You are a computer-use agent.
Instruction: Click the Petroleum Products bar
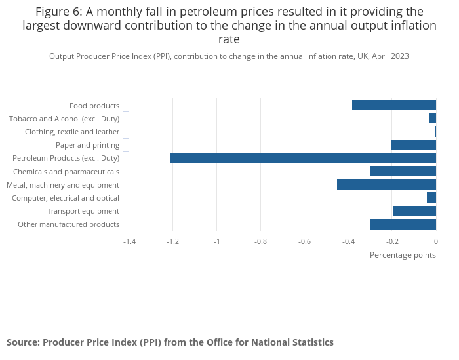tap(303, 158)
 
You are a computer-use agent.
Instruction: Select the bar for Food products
tap(394, 105)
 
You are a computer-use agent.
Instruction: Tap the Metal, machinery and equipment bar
tap(386, 184)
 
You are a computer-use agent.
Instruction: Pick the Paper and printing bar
tap(414, 145)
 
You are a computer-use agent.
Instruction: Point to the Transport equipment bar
tap(414, 211)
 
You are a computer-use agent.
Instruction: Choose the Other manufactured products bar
tap(403, 224)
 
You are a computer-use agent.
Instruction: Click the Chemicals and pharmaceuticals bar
tap(403, 171)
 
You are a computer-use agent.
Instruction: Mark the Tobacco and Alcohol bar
tap(432, 118)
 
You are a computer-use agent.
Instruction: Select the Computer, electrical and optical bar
tap(431, 197)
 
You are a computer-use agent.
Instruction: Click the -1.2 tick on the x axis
tap(173, 241)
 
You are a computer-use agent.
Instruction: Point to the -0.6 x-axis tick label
tap(304, 241)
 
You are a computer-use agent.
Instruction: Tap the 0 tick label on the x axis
tap(435, 241)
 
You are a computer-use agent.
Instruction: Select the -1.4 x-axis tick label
tap(130, 241)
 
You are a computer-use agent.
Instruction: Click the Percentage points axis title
tap(403, 254)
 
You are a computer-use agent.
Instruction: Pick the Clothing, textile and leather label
tap(72, 132)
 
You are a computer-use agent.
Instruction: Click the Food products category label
tap(94, 106)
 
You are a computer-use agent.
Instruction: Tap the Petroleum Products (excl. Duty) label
tap(66, 158)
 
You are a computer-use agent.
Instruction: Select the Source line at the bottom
tap(170, 342)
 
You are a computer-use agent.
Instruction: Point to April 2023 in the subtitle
tap(390, 56)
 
